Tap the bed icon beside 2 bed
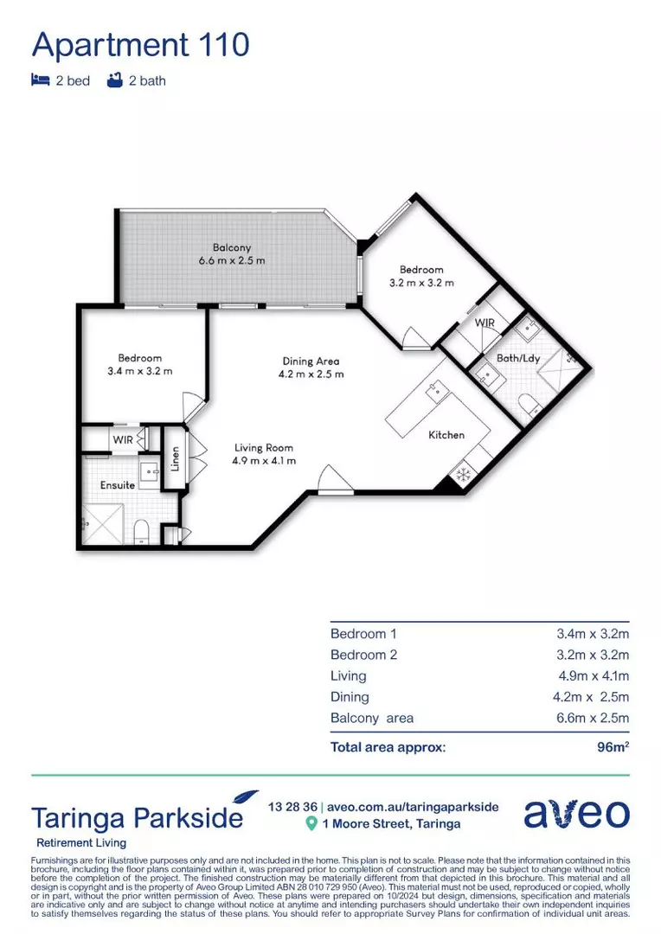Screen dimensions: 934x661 (40, 80)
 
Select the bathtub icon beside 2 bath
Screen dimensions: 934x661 (113, 80)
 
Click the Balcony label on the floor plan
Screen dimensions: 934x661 (232, 247)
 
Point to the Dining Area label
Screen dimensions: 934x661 (311, 361)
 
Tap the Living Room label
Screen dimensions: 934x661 (264, 448)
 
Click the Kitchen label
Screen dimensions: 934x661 (446, 435)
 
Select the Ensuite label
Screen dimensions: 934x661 (117, 485)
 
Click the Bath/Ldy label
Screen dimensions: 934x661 (518, 358)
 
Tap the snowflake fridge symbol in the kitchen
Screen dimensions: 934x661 (462, 473)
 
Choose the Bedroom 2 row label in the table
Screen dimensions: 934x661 (363, 655)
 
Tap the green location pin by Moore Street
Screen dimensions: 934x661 (311, 823)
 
